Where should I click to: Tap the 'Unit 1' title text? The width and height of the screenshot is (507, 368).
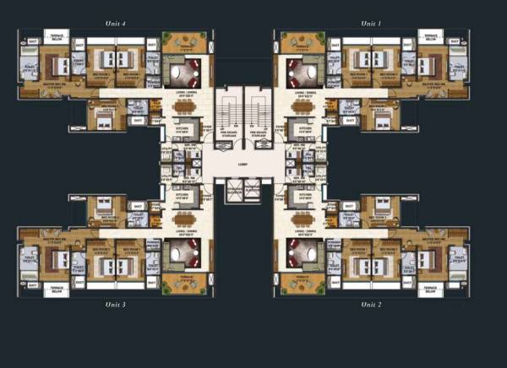[371, 24]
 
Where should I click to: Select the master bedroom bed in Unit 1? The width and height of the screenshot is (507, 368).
[433, 62]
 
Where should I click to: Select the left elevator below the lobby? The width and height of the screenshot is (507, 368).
[232, 193]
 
